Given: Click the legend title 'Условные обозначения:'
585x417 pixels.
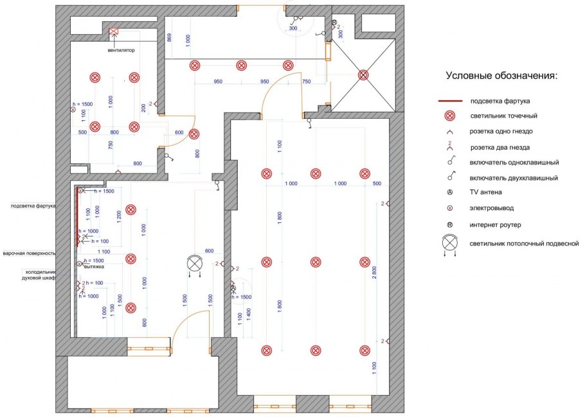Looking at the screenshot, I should point(502,76).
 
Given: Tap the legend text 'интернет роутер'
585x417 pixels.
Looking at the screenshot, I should point(496,225).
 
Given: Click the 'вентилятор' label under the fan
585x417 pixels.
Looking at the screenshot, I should point(122,51).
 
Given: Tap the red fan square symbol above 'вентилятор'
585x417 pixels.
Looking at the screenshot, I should point(114,31).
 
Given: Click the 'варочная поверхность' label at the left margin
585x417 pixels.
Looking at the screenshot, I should point(30,253).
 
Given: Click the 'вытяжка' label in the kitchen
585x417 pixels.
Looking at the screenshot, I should point(94,266).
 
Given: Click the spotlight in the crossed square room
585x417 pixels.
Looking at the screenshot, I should point(363,75).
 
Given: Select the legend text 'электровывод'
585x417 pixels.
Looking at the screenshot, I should point(492,208).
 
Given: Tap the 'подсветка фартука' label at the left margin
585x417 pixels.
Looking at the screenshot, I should point(33,206).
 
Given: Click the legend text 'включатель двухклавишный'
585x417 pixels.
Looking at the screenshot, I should point(514,177).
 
